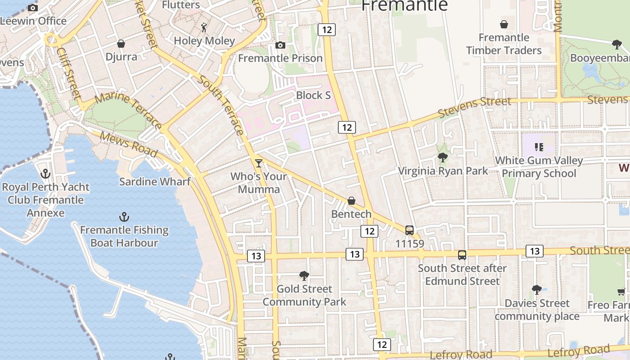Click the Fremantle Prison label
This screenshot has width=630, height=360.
click(x=280, y=58)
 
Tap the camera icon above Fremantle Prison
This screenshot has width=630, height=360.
click(x=280, y=45)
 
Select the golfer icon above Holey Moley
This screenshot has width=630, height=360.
click(x=204, y=27)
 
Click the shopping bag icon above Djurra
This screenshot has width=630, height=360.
click(x=121, y=44)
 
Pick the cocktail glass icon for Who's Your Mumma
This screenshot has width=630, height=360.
click(x=258, y=163)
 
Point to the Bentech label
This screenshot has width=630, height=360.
click(x=351, y=214)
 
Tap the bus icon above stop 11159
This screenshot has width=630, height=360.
click(x=409, y=230)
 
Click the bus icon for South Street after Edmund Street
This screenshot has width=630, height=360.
click(x=462, y=255)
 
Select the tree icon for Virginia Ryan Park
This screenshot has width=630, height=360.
click(x=443, y=157)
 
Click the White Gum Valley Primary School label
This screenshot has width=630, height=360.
click(x=539, y=167)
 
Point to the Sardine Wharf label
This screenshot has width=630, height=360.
click(x=155, y=182)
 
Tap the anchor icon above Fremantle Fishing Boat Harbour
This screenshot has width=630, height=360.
click(x=124, y=217)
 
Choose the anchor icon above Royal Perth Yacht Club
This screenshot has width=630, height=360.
click(x=45, y=174)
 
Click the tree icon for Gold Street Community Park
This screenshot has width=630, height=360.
click(x=304, y=275)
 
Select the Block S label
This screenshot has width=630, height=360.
click(x=313, y=95)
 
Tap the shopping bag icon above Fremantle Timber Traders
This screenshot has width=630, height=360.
click(x=504, y=24)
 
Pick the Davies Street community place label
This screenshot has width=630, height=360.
click(x=537, y=310)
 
